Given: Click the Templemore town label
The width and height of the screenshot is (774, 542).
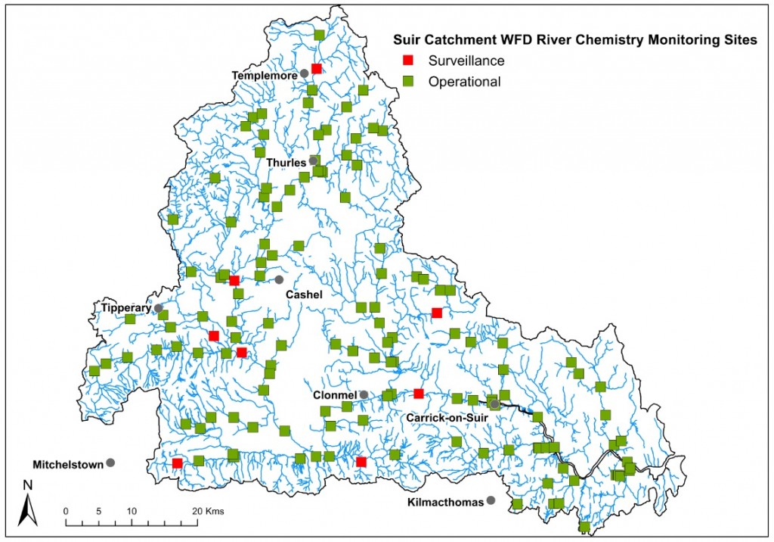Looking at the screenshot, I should click(x=265, y=74).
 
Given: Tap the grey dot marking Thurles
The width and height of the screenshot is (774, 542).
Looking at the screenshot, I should click(x=313, y=161).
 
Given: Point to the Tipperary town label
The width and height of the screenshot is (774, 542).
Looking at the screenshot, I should click(x=126, y=307).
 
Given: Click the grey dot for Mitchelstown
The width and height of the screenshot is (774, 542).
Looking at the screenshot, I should click(x=110, y=463).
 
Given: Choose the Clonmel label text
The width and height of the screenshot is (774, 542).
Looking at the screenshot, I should click(x=335, y=395).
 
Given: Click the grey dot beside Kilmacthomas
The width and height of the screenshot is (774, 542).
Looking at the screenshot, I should click(x=491, y=500).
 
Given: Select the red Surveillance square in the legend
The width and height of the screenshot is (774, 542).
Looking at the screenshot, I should click(x=408, y=61).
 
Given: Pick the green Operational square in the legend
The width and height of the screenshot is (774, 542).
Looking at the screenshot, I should click(x=408, y=81).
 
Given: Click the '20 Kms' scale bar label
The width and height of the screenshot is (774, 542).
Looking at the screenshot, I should click(x=207, y=510).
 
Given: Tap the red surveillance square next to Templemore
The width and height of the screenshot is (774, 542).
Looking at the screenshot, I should click(x=317, y=68).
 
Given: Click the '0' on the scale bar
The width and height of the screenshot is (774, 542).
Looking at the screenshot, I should click(x=67, y=510).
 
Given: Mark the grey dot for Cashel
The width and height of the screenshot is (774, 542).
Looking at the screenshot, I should click(x=279, y=280).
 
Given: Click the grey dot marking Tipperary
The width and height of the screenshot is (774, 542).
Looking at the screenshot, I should click(x=159, y=308).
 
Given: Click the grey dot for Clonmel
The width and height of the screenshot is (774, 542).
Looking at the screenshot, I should click(x=364, y=395).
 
